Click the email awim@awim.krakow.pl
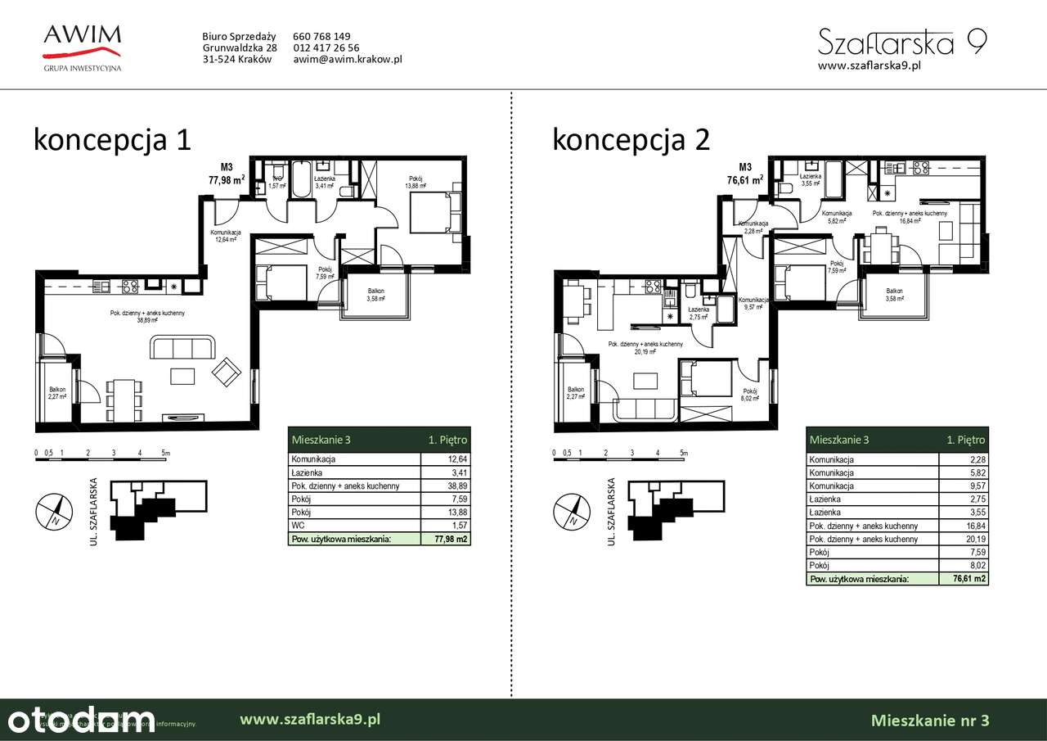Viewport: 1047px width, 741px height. click(x=347, y=59)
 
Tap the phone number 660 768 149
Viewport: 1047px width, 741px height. click(x=321, y=36)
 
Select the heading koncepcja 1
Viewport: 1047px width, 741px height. click(x=112, y=139)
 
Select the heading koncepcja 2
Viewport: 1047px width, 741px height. click(x=631, y=139)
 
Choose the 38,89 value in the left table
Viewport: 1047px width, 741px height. click(x=456, y=486)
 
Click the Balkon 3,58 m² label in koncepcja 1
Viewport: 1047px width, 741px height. click(x=375, y=295)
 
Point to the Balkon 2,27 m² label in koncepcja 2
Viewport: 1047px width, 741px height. click(x=575, y=394)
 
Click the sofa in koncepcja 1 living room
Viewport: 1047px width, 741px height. click(x=182, y=348)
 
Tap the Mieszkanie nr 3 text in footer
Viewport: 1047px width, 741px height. click(x=930, y=721)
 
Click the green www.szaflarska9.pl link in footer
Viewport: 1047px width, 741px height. click(x=310, y=720)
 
